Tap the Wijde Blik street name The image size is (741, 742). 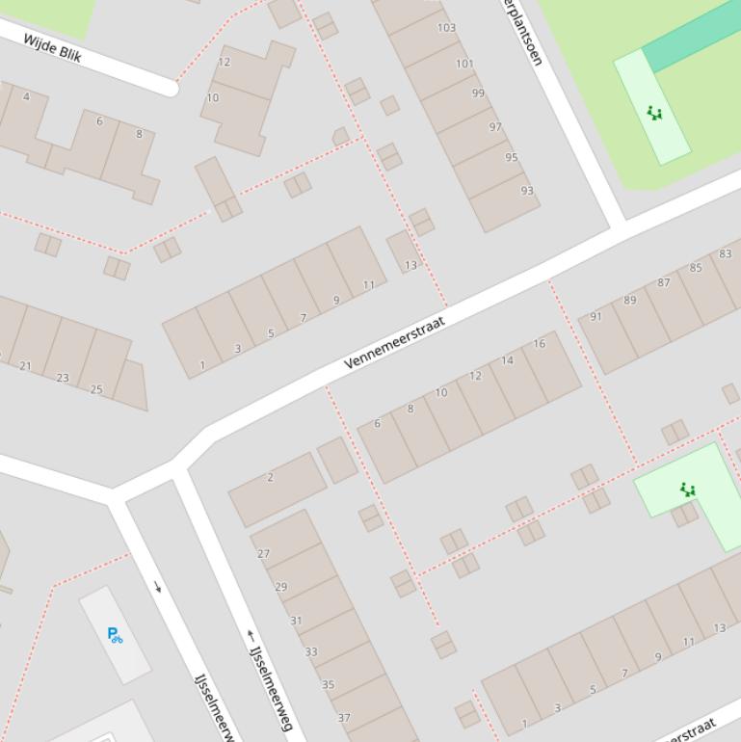52,48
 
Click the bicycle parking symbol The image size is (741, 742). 115,635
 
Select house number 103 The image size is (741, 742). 446,28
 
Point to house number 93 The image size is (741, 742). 527,191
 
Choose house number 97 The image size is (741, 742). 495,127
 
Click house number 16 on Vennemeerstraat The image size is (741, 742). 539,344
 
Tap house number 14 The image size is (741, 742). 507,361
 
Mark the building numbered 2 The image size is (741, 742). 270,477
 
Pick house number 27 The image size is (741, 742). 264,554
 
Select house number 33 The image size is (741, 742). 311,652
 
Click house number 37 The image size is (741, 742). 344,718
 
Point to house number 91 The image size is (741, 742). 595,316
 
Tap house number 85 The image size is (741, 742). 696,268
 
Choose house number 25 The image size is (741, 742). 96,389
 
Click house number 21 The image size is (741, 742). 25,366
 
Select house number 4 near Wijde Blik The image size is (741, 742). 26,96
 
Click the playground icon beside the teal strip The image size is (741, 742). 655,114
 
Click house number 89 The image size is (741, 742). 630,301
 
